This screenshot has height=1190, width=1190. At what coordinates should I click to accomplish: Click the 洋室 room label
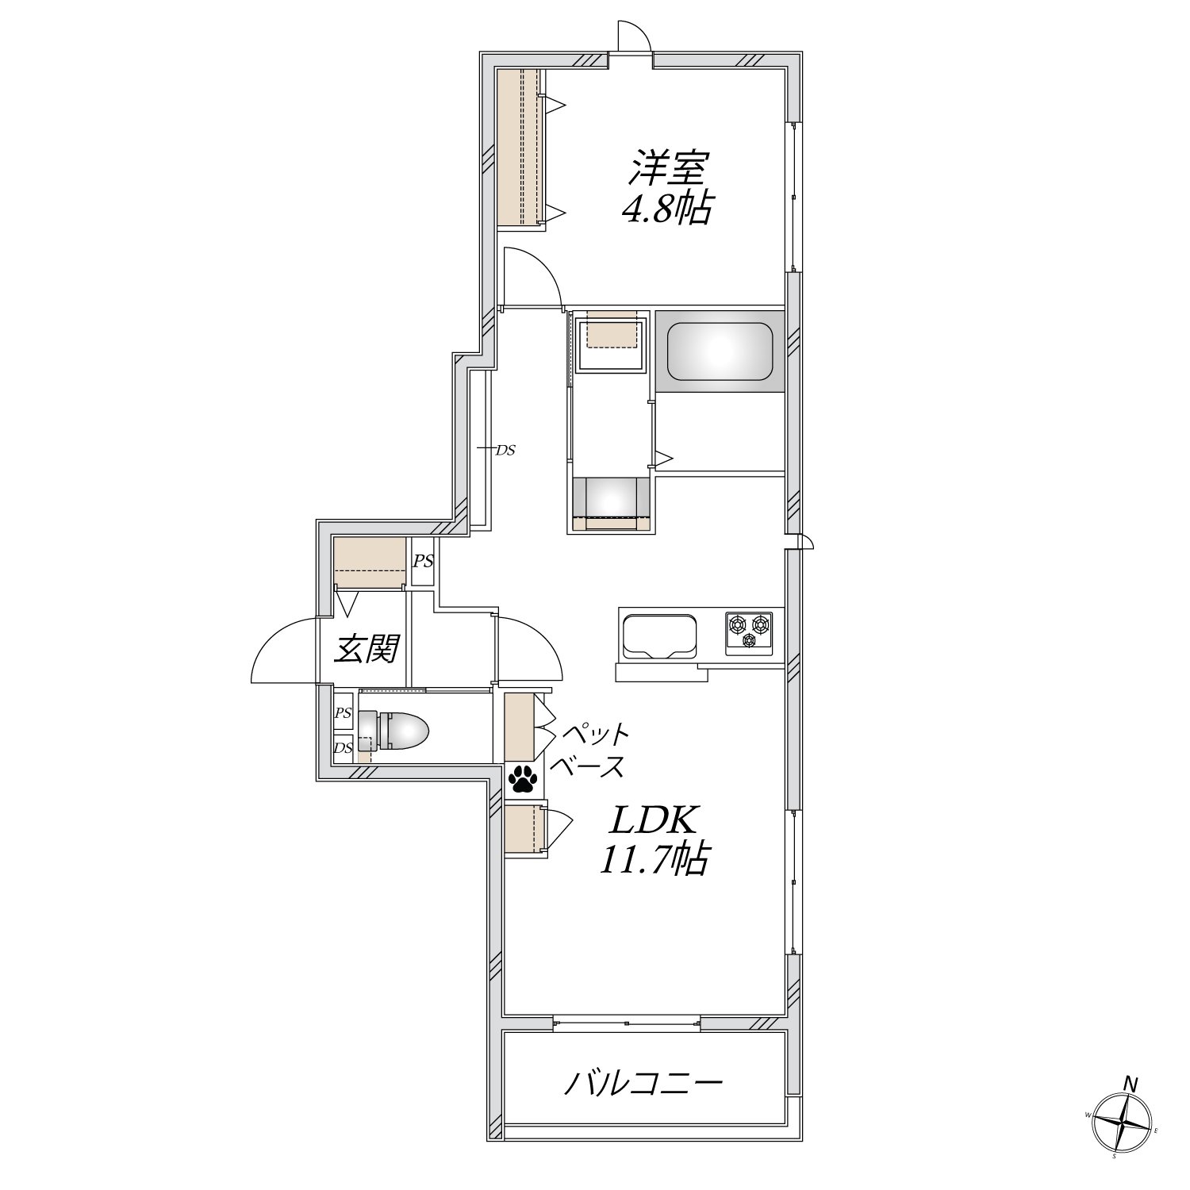point(669,169)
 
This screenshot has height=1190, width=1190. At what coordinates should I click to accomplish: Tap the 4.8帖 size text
point(666,209)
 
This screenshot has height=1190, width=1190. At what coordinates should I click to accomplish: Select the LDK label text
point(652,820)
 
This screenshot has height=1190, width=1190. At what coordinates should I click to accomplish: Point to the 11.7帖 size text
point(653,858)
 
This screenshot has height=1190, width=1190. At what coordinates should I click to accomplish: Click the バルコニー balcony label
point(643,1084)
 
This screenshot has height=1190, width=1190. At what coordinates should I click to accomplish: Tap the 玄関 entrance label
point(366,650)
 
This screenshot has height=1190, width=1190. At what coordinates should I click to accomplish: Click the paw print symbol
point(524,779)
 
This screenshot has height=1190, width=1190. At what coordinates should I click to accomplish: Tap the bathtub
point(720,351)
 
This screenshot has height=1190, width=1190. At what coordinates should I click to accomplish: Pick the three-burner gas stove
point(749,633)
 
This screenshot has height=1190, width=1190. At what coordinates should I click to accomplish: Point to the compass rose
point(1123,1125)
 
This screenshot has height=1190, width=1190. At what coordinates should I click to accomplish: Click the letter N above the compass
point(1132,1084)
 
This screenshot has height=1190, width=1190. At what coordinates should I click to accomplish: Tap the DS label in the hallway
point(505,450)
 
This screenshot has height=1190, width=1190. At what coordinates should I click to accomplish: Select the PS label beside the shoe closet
point(423,561)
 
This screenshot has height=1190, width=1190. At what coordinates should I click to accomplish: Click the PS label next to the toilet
point(343,713)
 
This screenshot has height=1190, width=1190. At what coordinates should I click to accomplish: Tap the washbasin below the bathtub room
point(610,498)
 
